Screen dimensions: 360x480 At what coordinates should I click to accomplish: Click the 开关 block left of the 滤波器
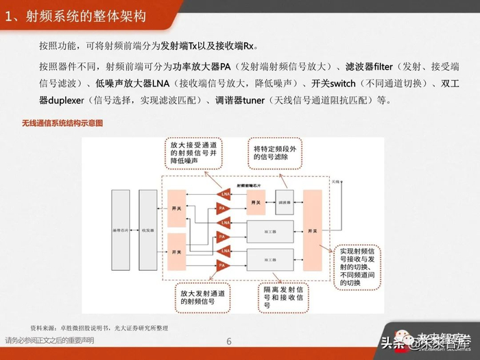click(256, 204)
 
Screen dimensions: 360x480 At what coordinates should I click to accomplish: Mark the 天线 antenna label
click(335, 182)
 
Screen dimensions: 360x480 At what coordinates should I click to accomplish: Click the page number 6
click(229, 341)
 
